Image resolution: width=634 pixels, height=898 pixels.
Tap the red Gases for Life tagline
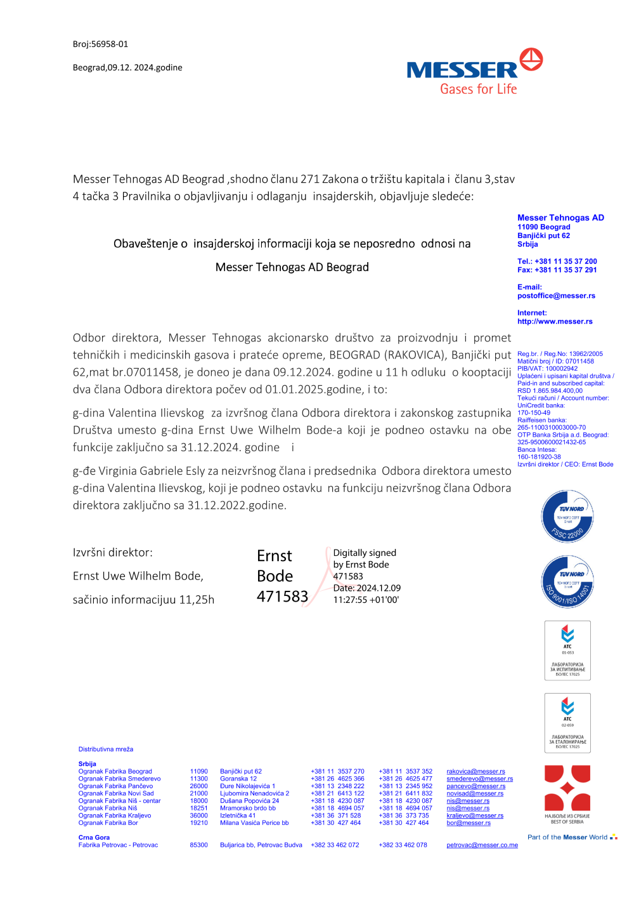point(479,89)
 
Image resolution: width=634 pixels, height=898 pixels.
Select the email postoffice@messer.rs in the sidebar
point(556,296)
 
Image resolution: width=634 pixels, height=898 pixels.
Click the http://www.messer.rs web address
point(555,322)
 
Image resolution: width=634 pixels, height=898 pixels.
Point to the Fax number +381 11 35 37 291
point(557,270)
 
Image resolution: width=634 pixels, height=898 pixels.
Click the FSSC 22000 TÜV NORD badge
point(567,517)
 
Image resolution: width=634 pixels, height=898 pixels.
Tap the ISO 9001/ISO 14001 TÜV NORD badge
point(567,582)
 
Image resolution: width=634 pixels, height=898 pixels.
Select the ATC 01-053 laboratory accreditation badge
point(567,650)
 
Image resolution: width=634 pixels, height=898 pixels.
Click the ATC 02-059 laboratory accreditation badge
point(567,723)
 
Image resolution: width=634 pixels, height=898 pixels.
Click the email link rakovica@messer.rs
point(475,772)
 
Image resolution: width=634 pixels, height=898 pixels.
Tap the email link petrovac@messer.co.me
point(482,845)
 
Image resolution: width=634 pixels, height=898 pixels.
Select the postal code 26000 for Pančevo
point(198,786)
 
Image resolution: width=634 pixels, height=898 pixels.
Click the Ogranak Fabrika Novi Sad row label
point(116,793)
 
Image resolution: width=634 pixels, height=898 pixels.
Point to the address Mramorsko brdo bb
point(248,809)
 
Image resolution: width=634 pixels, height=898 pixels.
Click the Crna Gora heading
point(94,838)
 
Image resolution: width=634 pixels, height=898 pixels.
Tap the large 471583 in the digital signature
point(282,597)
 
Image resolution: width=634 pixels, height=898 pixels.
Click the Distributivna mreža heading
point(106,749)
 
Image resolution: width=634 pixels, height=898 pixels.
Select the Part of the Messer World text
point(567,838)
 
